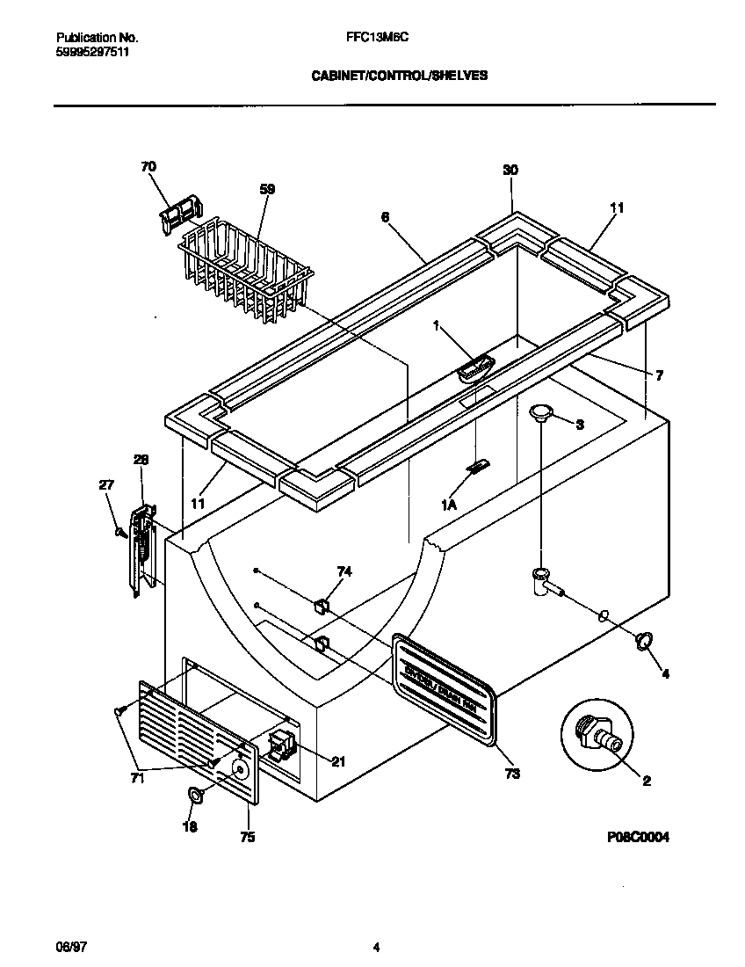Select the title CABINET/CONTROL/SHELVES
[400, 76]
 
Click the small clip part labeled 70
[179, 215]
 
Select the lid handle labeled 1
[475, 369]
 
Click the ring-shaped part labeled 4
[644, 642]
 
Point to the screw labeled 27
[117, 531]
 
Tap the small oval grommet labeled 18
[195, 795]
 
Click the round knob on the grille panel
[237, 768]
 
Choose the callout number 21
[337, 761]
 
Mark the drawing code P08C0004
[637, 838]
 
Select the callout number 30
[510, 170]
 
